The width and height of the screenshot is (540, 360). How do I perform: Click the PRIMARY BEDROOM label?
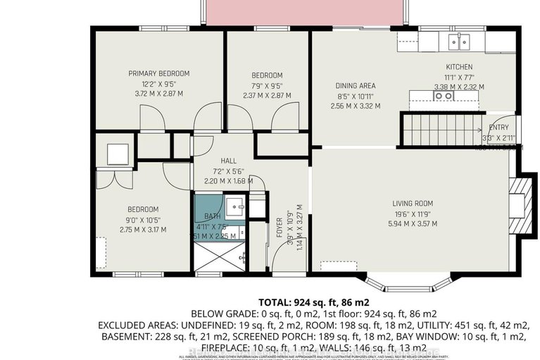[x=158, y=73]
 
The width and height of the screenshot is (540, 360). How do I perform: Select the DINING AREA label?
[x=355, y=86]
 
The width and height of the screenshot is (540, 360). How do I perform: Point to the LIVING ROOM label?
[x=413, y=204]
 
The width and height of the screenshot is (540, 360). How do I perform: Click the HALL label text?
[x=227, y=161]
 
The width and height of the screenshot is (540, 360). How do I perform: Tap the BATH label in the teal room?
[x=213, y=216]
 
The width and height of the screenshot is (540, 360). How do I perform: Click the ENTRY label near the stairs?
[x=499, y=128]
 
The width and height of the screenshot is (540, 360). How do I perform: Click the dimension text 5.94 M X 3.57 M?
[x=413, y=223]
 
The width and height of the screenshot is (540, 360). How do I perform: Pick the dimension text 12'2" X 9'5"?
[x=158, y=82]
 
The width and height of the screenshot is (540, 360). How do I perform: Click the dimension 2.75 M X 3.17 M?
[x=143, y=229]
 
